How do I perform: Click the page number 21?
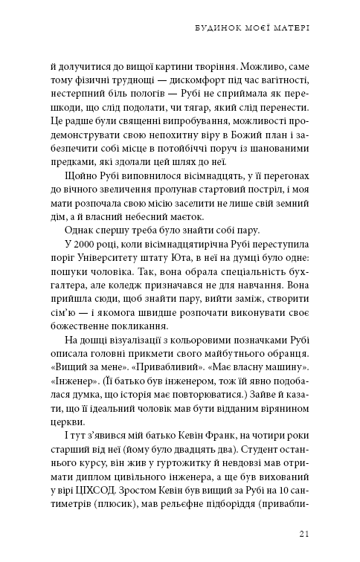[x=304, y=533]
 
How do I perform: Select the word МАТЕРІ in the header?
[x=289, y=30]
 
